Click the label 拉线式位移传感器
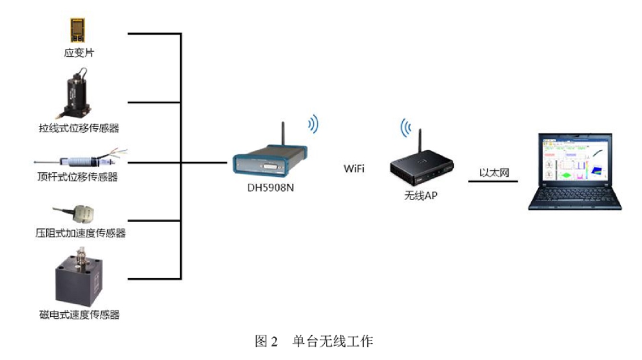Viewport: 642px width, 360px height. pyautogui.click(x=79, y=128)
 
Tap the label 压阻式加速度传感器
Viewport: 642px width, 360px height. pyautogui.click(x=81, y=233)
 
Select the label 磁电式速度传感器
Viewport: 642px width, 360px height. pyautogui.click(x=79, y=315)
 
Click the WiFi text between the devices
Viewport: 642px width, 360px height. pyautogui.click(x=354, y=168)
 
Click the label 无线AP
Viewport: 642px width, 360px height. pyautogui.click(x=421, y=196)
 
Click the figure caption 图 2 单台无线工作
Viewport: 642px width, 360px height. pyautogui.click(x=314, y=342)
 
